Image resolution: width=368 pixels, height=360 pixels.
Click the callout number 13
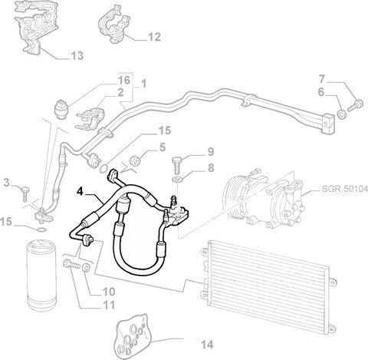(x=77, y=55)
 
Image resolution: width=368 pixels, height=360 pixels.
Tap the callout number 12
(x=154, y=37)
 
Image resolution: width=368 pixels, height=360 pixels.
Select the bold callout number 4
(x=80, y=191)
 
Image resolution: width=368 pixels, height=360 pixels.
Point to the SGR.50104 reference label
(x=344, y=189)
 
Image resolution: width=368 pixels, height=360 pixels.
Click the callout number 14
(x=207, y=345)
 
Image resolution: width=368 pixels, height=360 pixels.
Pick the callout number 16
(x=124, y=80)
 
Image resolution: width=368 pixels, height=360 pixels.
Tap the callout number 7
(x=321, y=79)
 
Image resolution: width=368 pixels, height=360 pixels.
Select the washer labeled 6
(x=341, y=114)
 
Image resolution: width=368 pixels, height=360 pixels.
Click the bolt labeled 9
(x=177, y=163)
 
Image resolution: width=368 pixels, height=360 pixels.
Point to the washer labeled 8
(x=177, y=179)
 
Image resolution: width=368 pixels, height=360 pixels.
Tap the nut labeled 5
(x=134, y=160)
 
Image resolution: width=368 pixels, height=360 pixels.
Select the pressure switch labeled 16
(x=61, y=109)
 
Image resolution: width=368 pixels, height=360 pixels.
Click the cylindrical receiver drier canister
(x=41, y=276)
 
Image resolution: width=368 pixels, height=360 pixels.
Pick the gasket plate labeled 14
(x=133, y=333)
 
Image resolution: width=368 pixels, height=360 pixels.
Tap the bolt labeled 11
(x=71, y=264)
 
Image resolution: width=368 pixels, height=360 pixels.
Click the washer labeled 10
(x=86, y=267)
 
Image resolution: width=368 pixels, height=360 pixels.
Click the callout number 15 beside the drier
(x=6, y=222)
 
